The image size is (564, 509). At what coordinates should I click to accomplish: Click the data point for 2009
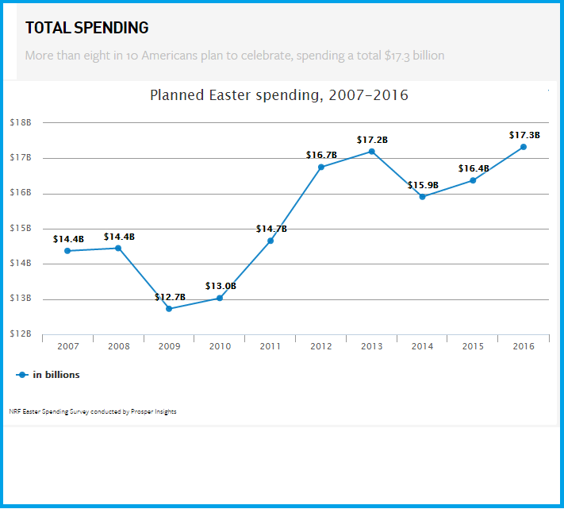(x=169, y=309)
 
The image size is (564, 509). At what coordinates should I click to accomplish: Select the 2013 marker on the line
(x=371, y=152)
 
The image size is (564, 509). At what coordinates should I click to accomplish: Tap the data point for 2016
(x=524, y=147)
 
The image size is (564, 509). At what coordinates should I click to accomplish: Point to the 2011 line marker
(x=270, y=241)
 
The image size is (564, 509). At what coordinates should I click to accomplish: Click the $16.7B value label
(x=321, y=155)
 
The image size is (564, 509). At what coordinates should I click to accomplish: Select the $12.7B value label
(x=170, y=297)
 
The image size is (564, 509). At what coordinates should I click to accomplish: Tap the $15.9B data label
(x=423, y=185)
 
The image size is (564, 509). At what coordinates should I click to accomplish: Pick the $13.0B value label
(x=221, y=286)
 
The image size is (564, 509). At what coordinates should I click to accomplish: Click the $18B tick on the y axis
(x=21, y=123)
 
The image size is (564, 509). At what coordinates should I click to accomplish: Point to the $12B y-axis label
(x=21, y=334)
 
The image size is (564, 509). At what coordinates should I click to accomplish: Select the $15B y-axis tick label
(x=21, y=229)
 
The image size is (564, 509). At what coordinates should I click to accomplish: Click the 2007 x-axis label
(x=67, y=346)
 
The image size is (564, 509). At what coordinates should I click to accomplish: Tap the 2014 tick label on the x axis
(x=422, y=346)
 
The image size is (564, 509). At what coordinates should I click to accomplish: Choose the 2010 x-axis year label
(x=220, y=346)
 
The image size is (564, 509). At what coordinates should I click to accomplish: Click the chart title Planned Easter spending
(x=279, y=95)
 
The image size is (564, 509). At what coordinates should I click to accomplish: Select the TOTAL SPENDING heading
(x=86, y=28)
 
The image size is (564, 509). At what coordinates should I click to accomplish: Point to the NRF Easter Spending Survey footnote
(x=93, y=411)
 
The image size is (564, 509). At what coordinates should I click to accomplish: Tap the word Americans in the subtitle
(x=165, y=56)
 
